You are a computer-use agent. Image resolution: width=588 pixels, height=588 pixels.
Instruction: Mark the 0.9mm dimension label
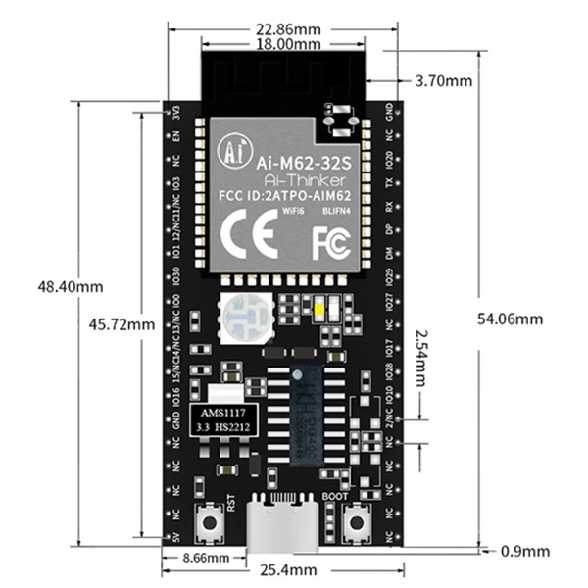click(x=525, y=551)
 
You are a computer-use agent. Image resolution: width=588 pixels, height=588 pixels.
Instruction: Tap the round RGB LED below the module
click(x=240, y=316)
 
